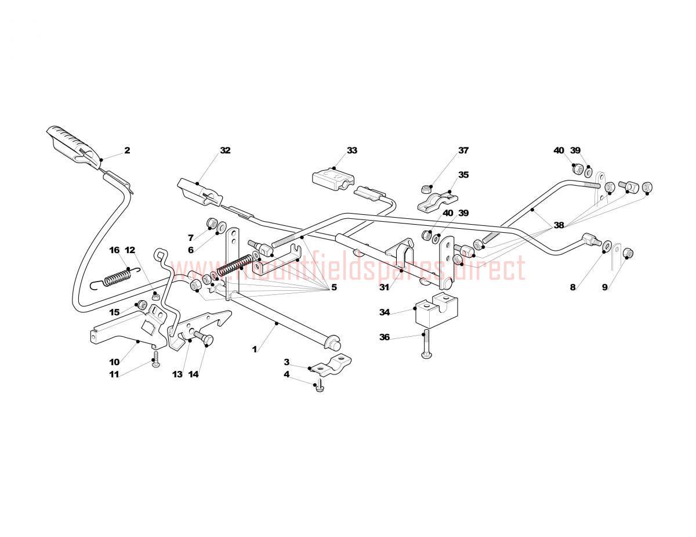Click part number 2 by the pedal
(127, 150)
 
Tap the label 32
(225, 150)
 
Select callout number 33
(351, 150)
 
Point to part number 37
(463, 150)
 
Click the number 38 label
(559, 225)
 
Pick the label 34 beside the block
(385, 312)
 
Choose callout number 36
(385, 337)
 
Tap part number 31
(384, 287)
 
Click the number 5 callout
(334, 287)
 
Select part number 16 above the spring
(114, 250)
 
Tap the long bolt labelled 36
(425, 344)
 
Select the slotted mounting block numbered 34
(436, 310)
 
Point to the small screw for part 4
(320, 385)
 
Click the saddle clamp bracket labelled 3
(330, 365)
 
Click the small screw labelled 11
(156, 359)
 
